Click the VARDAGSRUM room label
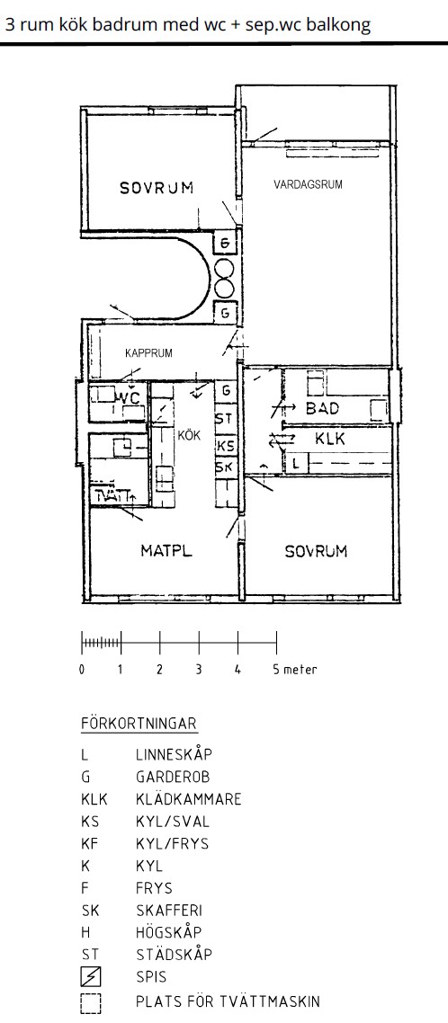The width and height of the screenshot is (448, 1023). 308,184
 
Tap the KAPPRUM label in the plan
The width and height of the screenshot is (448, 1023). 149,353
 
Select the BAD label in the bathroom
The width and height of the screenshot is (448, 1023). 323,409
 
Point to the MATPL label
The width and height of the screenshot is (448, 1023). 166,551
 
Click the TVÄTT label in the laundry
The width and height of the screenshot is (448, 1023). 112,496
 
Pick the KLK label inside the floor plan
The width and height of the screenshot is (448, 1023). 330,439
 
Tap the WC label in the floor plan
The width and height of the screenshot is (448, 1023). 129,396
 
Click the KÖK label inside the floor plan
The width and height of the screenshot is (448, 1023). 190,435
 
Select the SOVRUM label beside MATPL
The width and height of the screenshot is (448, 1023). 316,551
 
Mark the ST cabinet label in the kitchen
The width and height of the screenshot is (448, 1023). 225,417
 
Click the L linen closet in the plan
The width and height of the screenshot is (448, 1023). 297,464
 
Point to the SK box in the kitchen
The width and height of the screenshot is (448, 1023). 225,467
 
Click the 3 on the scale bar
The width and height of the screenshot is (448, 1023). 199,670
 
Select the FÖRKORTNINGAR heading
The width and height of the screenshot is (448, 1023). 139,724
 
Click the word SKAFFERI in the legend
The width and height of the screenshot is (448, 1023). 169,910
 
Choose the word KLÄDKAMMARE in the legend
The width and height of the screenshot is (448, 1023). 189,799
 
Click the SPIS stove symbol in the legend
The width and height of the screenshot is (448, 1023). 92,976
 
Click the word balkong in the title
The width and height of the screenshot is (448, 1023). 338,25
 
